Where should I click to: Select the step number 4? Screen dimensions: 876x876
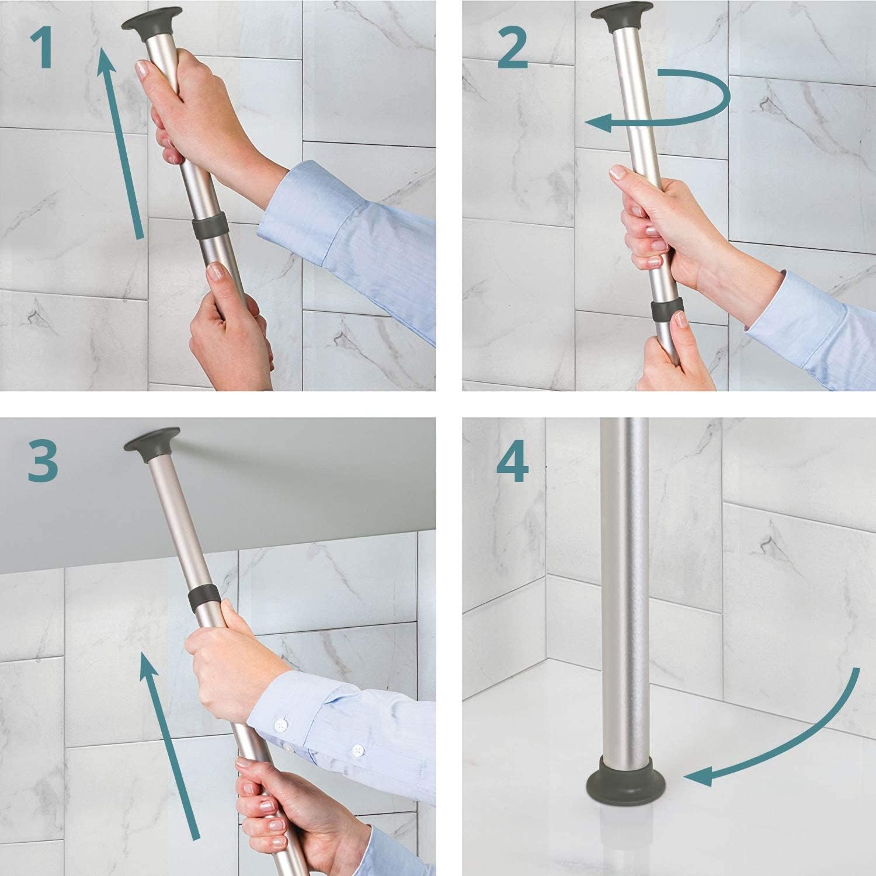click(x=513, y=460)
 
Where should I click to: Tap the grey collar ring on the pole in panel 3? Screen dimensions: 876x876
click(x=204, y=598)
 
